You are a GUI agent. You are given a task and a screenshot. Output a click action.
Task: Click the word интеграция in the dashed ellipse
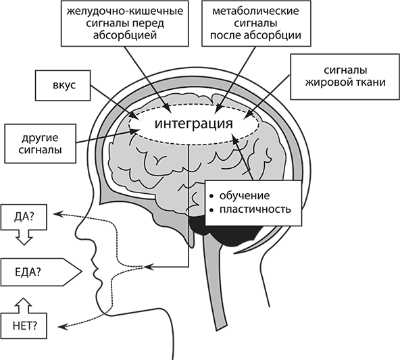click(x=194, y=124)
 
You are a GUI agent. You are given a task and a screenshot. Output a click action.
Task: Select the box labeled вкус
click(x=63, y=85)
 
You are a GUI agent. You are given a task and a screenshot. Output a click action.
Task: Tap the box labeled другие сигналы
click(x=41, y=144)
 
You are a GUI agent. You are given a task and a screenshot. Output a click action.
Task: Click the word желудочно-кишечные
click(x=125, y=11)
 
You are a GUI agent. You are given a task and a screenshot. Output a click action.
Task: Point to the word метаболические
click(x=255, y=11)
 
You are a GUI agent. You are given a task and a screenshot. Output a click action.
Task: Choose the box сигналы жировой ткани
click(x=345, y=76)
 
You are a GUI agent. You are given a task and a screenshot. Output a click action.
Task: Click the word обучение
click(x=245, y=196)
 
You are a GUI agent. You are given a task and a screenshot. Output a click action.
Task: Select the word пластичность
click(x=255, y=209)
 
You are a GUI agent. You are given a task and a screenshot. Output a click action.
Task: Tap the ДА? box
click(x=24, y=217)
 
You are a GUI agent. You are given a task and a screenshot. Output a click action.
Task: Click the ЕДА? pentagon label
click(x=41, y=272)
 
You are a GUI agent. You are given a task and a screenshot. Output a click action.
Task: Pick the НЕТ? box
click(x=24, y=326)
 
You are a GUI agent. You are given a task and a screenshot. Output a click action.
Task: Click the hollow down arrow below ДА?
click(x=24, y=237)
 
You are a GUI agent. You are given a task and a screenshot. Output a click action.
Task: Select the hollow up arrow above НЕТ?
click(x=24, y=305)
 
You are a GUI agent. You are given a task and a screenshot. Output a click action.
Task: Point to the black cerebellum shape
click(x=224, y=233)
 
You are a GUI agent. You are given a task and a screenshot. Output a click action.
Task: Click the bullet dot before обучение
click(x=211, y=197)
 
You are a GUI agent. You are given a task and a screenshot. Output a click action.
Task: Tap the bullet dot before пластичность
click(x=211, y=210)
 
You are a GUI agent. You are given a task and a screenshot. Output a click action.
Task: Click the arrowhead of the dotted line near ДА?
click(x=57, y=213)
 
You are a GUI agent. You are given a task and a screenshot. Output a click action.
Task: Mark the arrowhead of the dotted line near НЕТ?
click(x=61, y=327)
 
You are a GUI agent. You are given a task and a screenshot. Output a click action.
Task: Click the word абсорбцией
click(x=125, y=35)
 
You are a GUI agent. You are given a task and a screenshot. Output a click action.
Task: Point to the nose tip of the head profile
click(x=78, y=228)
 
